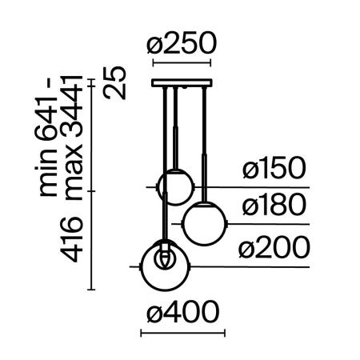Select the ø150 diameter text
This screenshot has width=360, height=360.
274,170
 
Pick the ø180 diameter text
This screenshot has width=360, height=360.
274,208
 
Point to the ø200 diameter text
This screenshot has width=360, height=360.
274,249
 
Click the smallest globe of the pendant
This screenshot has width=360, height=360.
174,186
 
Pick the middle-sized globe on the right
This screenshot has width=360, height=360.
205,224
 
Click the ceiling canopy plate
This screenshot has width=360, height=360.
181,82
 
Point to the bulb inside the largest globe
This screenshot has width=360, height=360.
166,258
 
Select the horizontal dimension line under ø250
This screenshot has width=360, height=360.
181,63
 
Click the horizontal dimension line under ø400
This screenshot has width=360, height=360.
181,331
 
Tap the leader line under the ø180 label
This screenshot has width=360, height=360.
264,224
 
